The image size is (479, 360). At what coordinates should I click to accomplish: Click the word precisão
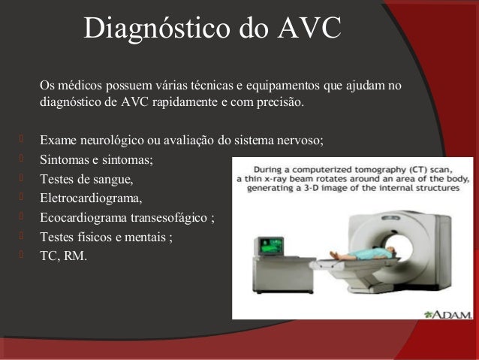tap(282, 102)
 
